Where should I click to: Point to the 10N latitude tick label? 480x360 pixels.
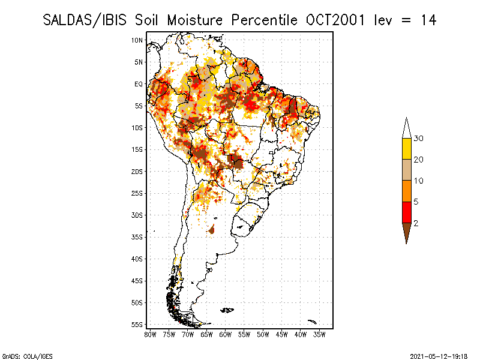(x=137, y=40)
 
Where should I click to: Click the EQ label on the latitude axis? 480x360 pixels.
(x=139, y=84)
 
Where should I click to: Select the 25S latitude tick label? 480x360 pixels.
(x=137, y=193)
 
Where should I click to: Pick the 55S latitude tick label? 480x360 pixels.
(x=137, y=325)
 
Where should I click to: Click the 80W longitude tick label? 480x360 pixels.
(x=151, y=334)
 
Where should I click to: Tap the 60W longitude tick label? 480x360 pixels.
(x=226, y=334)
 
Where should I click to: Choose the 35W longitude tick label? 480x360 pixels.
(x=319, y=334)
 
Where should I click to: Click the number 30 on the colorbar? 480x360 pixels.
(x=419, y=139)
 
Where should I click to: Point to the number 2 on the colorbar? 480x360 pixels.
(x=416, y=223)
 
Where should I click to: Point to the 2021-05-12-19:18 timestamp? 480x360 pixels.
(x=439, y=355)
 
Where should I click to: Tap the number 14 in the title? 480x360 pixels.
(x=428, y=20)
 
